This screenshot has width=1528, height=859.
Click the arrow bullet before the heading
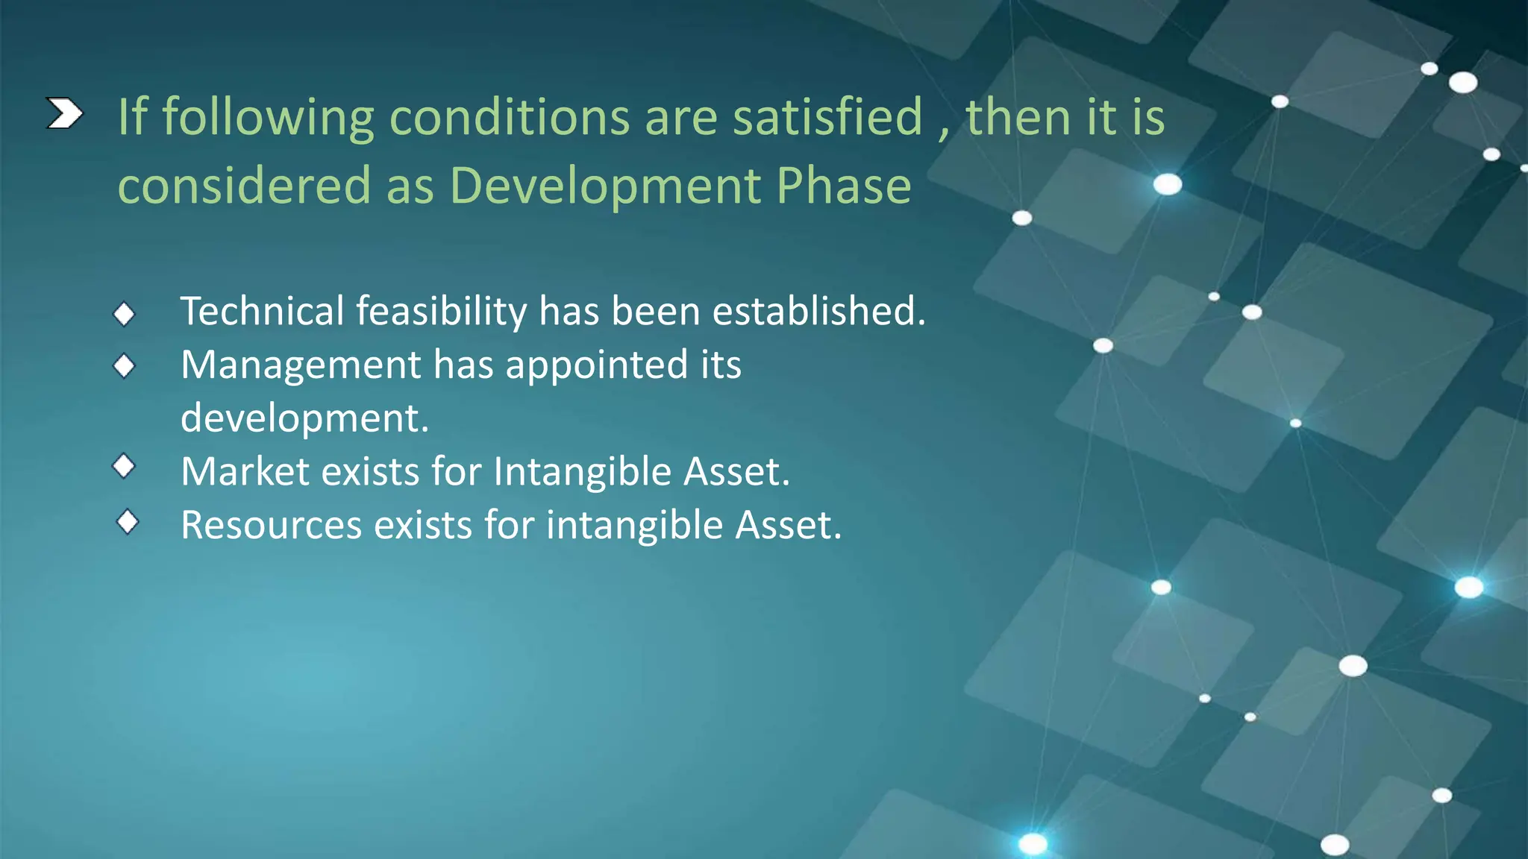pyautogui.click(x=64, y=114)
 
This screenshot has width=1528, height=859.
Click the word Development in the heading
pyautogui.click(x=605, y=185)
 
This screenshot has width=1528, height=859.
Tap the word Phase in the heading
pyautogui.click(x=844, y=185)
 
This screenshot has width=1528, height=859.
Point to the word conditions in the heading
pyautogui.click(x=510, y=117)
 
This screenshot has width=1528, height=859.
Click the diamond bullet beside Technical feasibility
pyautogui.click(x=124, y=314)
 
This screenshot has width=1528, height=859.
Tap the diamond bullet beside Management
pyautogui.click(x=124, y=366)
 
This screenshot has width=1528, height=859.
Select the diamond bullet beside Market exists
pyautogui.click(x=124, y=467)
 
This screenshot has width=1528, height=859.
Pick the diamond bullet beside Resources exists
pyautogui.click(x=128, y=522)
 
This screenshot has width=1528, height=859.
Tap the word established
pyautogui.click(x=818, y=311)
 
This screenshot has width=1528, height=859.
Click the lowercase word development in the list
pyautogui.click(x=304, y=418)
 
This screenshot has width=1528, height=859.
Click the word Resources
pyautogui.click(x=271, y=525)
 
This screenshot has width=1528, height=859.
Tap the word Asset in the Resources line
pyautogui.click(x=787, y=525)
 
